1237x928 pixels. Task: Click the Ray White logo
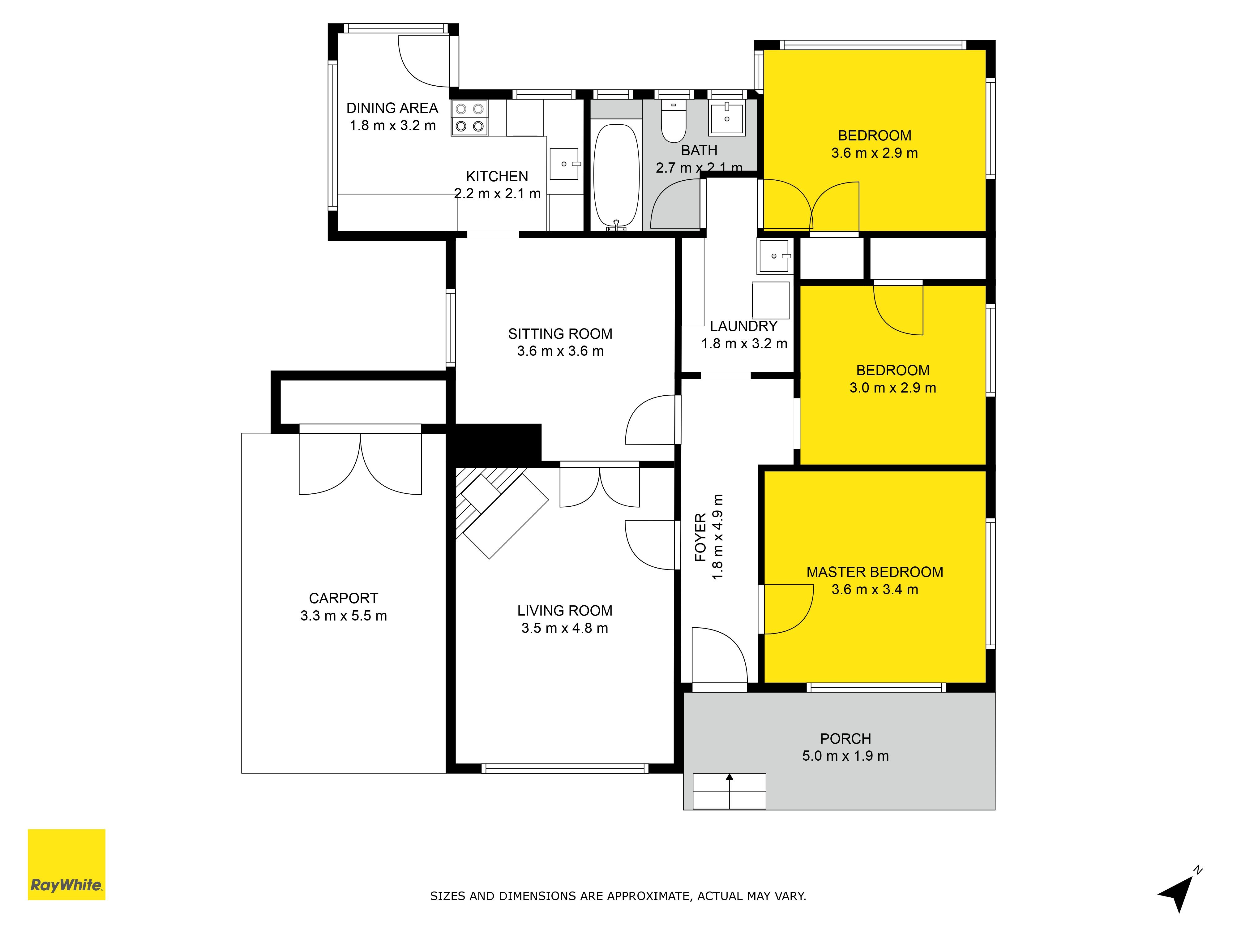66,864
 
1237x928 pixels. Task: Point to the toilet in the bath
674,121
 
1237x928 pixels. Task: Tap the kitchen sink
565,164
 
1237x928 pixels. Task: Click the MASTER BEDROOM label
875,572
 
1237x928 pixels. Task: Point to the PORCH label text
845,738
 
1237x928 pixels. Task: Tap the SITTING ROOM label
560,334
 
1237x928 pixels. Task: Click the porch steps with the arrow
729,791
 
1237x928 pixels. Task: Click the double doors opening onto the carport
360,460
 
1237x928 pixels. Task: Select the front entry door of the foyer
720,657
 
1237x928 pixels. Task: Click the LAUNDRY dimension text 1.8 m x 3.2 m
744,343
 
